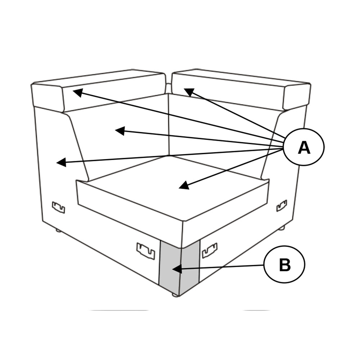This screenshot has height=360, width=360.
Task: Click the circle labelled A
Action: (x=304, y=147)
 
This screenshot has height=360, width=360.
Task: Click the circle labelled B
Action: (x=284, y=265)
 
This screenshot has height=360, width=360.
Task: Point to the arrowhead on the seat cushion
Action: (x=184, y=186)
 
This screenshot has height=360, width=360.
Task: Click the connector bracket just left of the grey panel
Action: (x=146, y=250)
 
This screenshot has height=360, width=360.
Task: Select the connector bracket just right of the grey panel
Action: (x=210, y=250)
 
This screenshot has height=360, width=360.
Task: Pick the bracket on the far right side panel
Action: (x=282, y=205)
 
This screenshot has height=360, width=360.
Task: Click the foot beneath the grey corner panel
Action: (x=175, y=295)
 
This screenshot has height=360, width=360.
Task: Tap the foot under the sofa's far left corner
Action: (x=58, y=230)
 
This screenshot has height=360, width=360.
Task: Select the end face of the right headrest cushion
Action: (x=297, y=96)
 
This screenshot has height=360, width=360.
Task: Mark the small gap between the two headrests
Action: (x=168, y=87)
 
